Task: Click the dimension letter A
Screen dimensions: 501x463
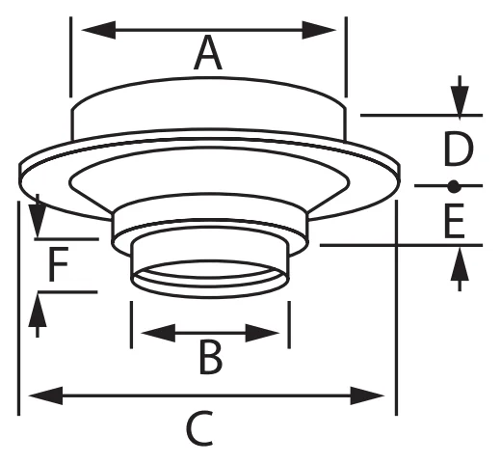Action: (208, 53)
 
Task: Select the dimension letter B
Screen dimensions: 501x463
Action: (211, 358)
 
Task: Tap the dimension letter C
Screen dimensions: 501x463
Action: (199, 427)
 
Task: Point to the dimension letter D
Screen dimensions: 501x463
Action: (459, 150)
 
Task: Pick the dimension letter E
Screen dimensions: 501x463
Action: (454, 221)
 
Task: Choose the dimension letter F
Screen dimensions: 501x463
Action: (59, 263)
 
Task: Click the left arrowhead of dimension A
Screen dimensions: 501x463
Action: (99, 30)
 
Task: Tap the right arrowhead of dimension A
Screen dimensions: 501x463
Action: (319, 30)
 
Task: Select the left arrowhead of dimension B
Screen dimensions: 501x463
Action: (158, 333)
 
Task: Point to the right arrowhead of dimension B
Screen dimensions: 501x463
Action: (262, 333)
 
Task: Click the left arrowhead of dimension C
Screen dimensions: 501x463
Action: (45, 395)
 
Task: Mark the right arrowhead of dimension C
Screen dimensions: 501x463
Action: (367, 395)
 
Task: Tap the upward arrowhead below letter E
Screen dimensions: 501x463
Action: (460, 263)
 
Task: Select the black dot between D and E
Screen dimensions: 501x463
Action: (453, 186)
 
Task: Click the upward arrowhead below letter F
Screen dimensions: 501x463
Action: (38, 310)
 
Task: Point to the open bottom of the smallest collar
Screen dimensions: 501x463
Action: (210, 279)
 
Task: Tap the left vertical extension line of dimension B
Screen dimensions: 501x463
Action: (131, 325)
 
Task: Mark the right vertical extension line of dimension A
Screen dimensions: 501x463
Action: (346, 57)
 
